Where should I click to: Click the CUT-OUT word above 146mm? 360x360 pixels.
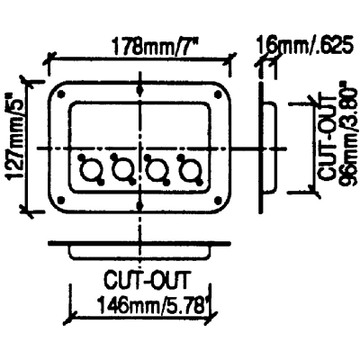(x=147, y=281)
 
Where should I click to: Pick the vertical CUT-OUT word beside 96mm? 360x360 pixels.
(x=327, y=138)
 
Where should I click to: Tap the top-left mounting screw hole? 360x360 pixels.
(x=61, y=94)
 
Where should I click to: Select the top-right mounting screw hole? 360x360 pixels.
(x=217, y=94)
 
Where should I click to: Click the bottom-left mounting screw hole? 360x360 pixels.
(x=61, y=199)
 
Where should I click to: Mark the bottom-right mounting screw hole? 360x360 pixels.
(x=217, y=199)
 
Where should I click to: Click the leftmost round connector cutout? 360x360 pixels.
(x=88, y=170)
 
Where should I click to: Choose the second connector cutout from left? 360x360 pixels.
(x=121, y=170)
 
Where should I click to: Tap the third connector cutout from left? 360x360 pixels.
(x=155, y=170)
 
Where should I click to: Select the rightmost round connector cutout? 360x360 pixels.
(x=188, y=170)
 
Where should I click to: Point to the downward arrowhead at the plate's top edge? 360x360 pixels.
(x=139, y=90)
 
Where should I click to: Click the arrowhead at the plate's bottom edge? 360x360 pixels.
(x=139, y=205)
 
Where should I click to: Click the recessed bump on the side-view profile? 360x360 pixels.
(x=269, y=147)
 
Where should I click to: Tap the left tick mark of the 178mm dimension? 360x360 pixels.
(x=50, y=59)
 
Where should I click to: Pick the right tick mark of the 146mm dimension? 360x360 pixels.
(x=211, y=317)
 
